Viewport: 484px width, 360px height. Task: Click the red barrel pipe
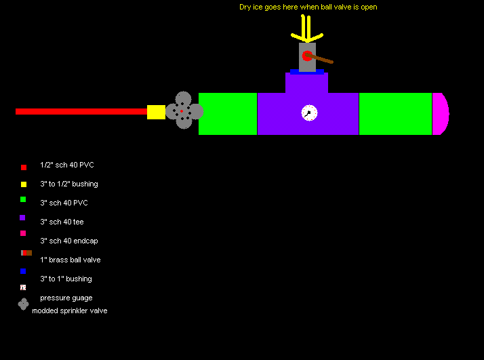81,111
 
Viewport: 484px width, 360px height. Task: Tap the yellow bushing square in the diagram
156,112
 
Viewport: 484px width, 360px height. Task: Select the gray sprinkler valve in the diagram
184,111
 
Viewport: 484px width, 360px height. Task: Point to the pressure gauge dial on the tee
309,113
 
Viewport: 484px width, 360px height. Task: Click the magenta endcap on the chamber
441,114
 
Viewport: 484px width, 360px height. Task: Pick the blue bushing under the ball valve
307,72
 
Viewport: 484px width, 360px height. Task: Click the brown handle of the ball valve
319,58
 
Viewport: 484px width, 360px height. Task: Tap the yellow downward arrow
307,28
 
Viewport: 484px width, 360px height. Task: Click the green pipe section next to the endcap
395,114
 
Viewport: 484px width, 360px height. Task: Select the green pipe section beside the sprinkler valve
228,114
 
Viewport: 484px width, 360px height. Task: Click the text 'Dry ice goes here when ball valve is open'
308,7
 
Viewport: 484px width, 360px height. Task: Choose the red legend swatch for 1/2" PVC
24,167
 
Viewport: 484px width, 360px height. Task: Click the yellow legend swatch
24,184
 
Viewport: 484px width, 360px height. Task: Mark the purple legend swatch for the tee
22,218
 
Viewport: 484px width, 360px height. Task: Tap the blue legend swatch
23,271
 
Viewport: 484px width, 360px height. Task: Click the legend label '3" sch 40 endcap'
69,241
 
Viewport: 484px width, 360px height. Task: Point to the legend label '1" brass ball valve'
70,260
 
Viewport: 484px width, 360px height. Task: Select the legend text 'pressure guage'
66,298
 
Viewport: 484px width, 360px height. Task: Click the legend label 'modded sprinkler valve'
70,311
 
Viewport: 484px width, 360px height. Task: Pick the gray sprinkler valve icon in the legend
23,304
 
